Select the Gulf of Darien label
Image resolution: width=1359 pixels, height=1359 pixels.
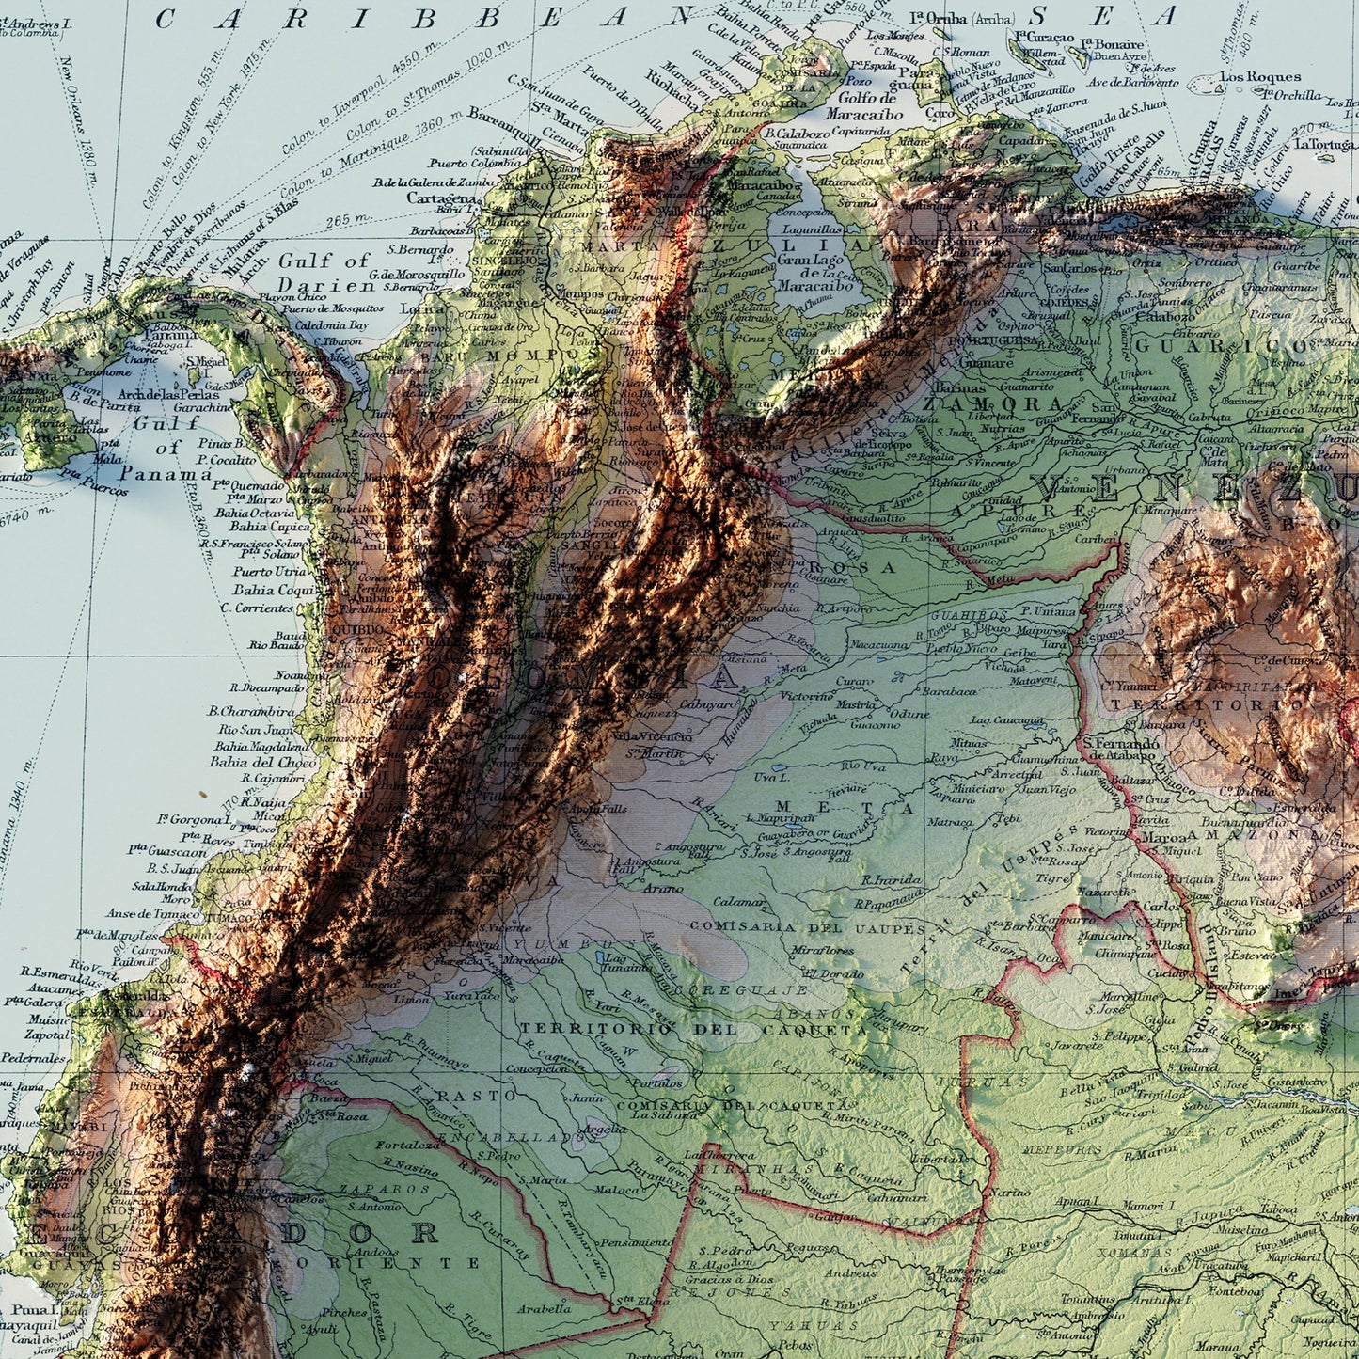[x=324, y=273]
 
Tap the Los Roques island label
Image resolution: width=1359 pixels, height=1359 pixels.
[x=1260, y=77]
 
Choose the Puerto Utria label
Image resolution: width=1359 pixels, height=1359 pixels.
[x=269, y=571]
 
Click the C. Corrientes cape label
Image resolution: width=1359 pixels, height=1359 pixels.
[x=257, y=608]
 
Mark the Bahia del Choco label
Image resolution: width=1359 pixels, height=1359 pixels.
[x=265, y=762]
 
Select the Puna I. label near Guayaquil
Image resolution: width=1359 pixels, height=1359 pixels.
[x=34, y=1309]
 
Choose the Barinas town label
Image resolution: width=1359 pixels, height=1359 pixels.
[x=960, y=387]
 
